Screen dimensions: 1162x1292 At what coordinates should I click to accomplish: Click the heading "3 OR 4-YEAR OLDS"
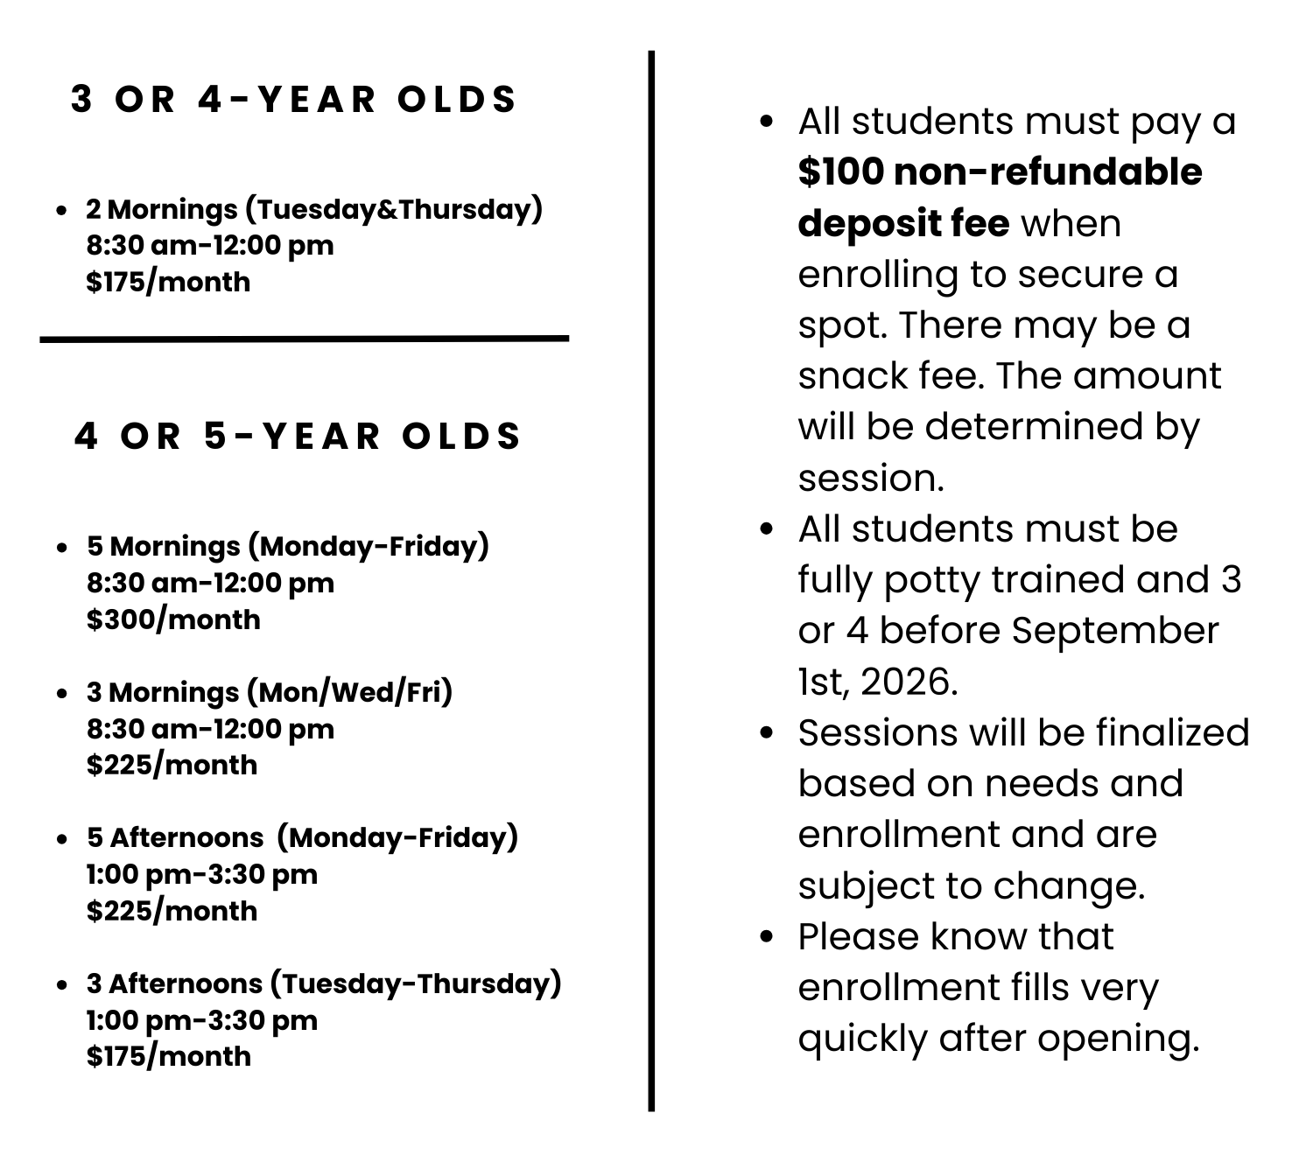(294, 100)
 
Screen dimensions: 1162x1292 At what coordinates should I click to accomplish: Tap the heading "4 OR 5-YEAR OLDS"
(298, 437)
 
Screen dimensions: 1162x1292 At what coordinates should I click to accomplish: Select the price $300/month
(173, 619)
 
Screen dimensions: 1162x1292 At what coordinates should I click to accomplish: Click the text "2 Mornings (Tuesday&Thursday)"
(314, 209)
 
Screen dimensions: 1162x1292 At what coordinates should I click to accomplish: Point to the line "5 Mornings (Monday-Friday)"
(287, 546)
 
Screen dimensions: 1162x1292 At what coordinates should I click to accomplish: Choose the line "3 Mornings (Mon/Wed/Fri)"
(269, 692)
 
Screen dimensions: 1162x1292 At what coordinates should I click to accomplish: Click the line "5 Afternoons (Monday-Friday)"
(302, 837)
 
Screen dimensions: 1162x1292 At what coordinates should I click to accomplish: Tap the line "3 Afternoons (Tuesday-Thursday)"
(323, 983)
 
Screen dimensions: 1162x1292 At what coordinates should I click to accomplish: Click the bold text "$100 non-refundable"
(1000, 172)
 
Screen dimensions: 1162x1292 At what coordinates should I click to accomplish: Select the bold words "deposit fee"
(903, 223)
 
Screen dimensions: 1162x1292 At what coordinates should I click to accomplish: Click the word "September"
(1115, 631)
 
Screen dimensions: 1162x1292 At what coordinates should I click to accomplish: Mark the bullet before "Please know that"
(768, 937)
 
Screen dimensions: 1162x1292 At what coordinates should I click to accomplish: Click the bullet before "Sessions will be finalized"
(768, 733)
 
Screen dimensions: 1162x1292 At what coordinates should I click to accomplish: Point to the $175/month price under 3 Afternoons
(168, 1056)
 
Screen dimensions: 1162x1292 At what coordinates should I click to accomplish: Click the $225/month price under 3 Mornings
(172, 765)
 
